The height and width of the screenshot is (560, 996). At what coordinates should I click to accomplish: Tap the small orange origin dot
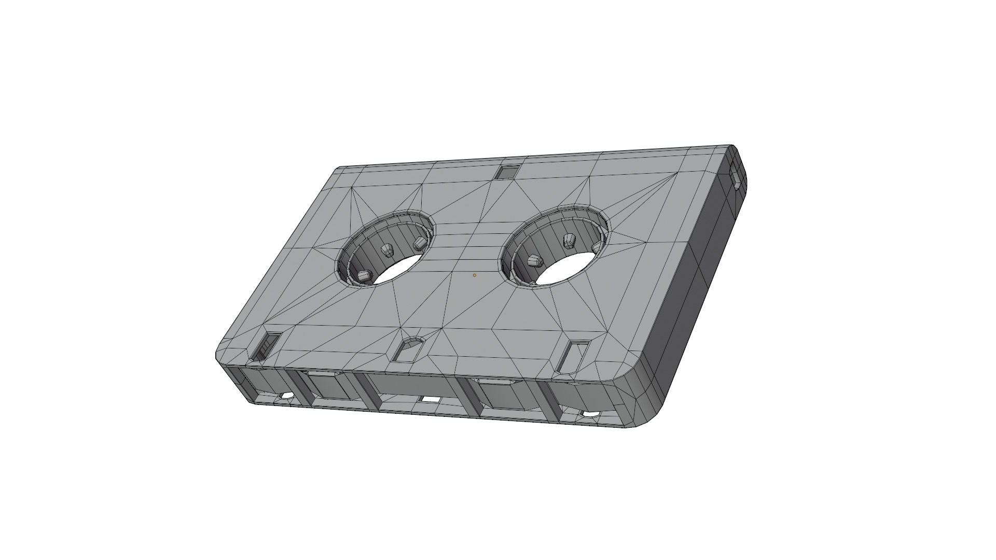click(x=474, y=275)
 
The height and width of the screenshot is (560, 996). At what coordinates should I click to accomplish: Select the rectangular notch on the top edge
click(x=506, y=171)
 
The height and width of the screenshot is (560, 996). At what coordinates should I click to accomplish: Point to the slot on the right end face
click(x=736, y=177)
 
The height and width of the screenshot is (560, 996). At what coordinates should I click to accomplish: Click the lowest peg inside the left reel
click(x=365, y=276)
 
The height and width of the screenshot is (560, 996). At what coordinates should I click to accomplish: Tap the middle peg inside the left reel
click(x=386, y=250)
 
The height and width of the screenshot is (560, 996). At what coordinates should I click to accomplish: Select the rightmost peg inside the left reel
click(x=420, y=242)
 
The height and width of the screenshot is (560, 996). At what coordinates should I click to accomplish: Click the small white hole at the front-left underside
click(x=285, y=396)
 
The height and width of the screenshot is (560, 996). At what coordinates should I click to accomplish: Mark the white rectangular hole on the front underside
click(x=428, y=400)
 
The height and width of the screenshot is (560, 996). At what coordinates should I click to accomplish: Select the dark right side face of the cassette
click(x=706, y=270)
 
